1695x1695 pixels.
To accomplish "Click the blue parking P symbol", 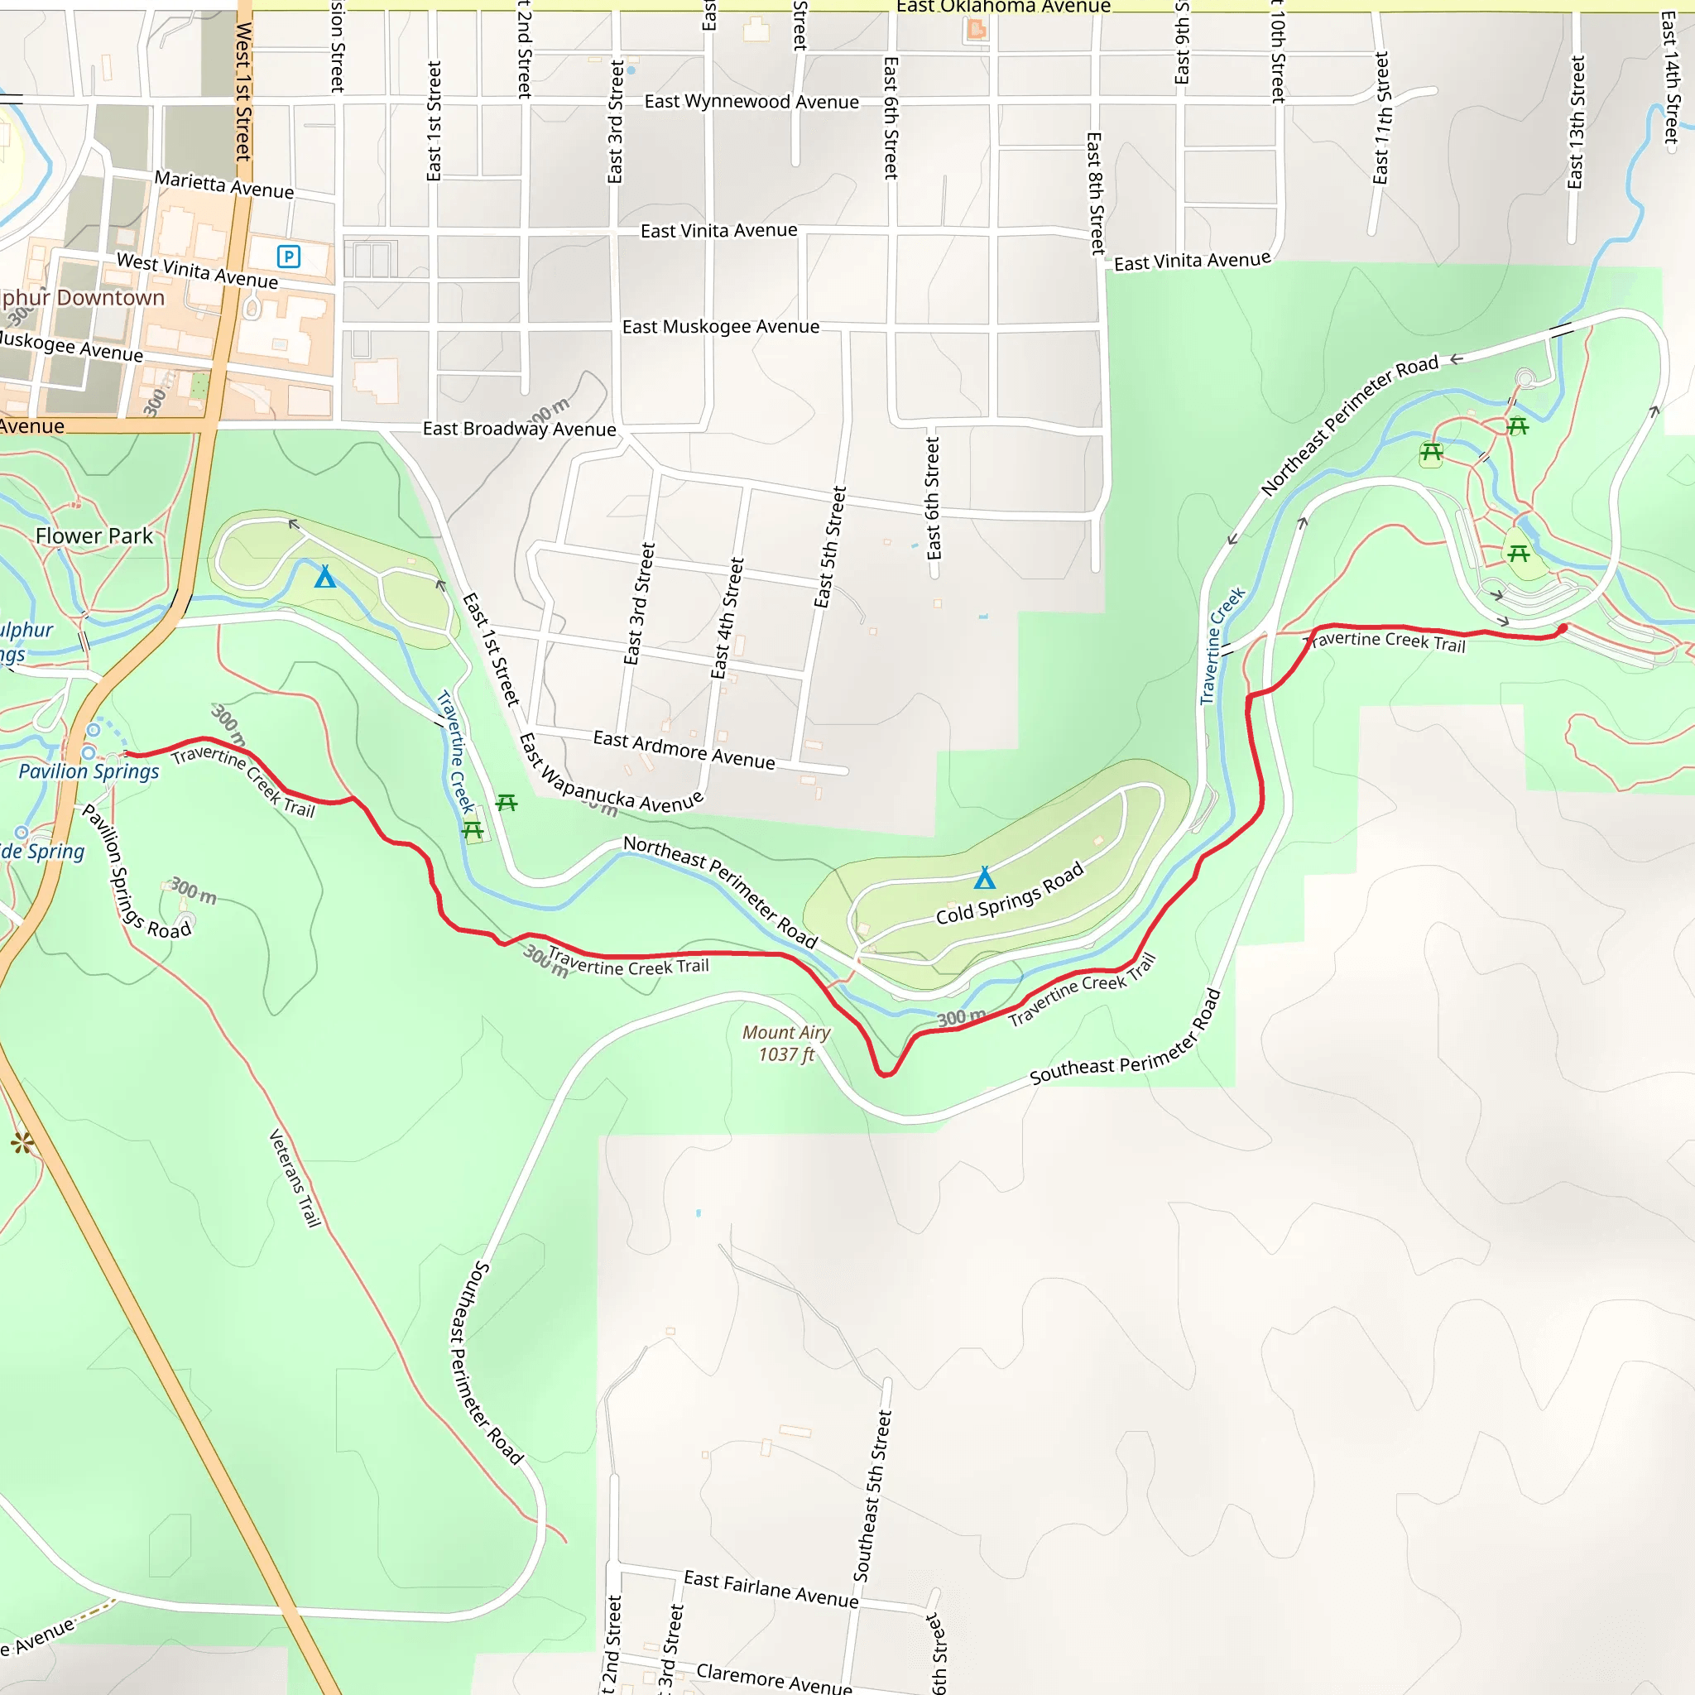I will click(x=289, y=257).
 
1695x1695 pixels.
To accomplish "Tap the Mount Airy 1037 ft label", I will click(x=786, y=1043).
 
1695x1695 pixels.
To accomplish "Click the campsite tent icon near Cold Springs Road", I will click(x=984, y=877).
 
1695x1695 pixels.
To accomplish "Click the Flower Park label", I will click(x=94, y=536).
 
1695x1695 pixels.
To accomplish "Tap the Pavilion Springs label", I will click(x=89, y=771).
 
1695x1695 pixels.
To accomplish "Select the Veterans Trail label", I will click(x=295, y=1179).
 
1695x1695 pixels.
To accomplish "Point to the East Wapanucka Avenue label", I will click(x=622, y=788).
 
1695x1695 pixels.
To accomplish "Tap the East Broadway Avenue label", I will click(x=520, y=428).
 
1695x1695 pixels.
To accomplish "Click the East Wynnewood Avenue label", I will click(x=751, y=102).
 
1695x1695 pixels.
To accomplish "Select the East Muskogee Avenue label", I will click(x=720, y=326).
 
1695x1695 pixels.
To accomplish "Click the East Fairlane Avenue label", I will click(x=771, y=1590).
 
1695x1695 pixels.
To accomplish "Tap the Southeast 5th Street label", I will click(x=873, y=1495).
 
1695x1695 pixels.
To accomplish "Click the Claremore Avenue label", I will click(x=774, y=1678).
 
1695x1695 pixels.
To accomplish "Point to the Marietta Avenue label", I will click(x=224, y=185).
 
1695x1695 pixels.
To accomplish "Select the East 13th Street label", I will click(x=1576, y=122).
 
